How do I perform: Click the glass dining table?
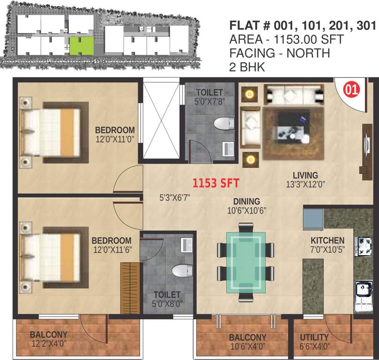click(245, 262)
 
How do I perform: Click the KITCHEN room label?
click(327, 240)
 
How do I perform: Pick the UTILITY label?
click(314, 337)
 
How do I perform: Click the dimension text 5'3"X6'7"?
click(174, 198)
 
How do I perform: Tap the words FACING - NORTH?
click(279, 53)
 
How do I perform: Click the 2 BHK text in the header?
click(246, 67)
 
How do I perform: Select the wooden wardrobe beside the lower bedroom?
click(131, 288)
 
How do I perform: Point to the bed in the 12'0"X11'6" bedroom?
click(52, 257)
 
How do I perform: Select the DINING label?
click(246, 202)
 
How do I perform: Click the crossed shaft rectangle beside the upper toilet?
click(161, 120)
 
